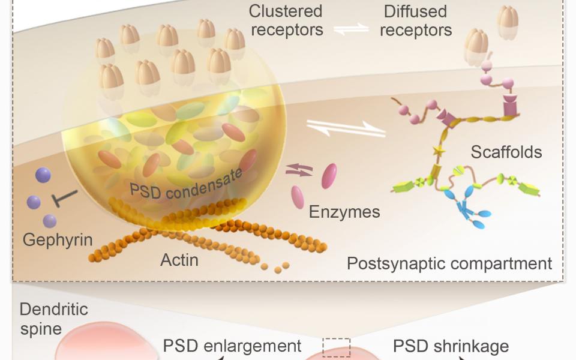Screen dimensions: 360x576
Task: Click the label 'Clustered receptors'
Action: (286, 20)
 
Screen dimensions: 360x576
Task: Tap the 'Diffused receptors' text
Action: (415, 20)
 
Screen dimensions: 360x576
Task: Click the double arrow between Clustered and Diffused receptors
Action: (351, 28)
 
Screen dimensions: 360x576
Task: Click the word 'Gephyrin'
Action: (58, 241)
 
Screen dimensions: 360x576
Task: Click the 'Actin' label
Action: (179, 261)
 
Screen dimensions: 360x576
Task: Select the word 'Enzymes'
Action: (344, 212)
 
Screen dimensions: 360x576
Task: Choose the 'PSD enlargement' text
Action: (232, 346)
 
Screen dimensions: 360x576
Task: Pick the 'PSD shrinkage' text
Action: (451, 346)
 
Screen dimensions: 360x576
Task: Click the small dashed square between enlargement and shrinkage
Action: (336, 347)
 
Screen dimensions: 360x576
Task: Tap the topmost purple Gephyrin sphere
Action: (43, 175)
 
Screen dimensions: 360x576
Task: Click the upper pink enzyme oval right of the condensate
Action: (329, 176)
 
